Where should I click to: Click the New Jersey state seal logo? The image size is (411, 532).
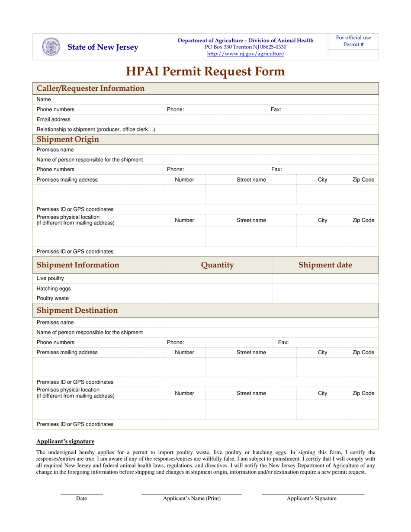(51, 47)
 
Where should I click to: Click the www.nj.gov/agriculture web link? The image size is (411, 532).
(245, 54)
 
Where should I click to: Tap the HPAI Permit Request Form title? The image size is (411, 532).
(205, 71)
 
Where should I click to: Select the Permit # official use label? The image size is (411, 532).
(353, 44)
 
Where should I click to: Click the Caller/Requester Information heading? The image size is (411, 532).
(90, 88)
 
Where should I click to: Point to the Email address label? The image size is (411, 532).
(54, 119)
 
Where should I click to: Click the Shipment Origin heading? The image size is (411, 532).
(67, 139)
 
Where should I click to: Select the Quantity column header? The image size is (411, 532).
(217, 265)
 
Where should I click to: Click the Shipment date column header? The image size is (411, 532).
(325, 265)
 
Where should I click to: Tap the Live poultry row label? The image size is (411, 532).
(50, 278)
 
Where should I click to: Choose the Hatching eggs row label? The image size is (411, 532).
(54, 288)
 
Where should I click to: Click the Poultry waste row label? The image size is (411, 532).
(52, 298)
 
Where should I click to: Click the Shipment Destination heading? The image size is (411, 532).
(77, 310)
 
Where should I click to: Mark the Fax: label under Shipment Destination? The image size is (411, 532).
(283, 342)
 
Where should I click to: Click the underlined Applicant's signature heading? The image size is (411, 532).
(65, 442)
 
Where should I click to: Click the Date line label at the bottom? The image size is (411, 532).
(81, 498)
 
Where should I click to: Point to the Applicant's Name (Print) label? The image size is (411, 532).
(192, 498)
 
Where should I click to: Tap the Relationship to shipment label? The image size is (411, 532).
(96, 129)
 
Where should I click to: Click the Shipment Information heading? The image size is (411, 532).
(78, 265)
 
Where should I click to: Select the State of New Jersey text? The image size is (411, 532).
(103, 47)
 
